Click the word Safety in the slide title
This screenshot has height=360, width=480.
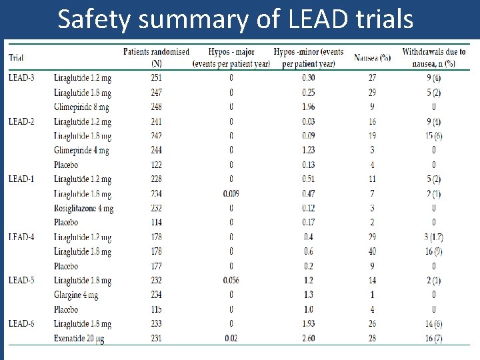pos(96,19)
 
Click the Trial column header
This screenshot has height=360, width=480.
pos(16,57)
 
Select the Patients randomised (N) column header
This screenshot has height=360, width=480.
pos(156,57)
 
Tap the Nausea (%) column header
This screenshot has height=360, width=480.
pos(372,57)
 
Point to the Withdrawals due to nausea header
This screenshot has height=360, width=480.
pos(434,57)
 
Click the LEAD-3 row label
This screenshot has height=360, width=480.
pos(21,78)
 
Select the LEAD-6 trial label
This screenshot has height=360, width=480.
pos(22,324)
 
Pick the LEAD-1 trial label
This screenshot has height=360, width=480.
pos(21,179)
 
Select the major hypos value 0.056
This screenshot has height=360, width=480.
pos(230,281)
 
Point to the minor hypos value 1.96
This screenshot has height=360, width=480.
pos(308,107)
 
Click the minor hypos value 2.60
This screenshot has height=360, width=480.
pos(308,339)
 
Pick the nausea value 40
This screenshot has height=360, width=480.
pos(372,251)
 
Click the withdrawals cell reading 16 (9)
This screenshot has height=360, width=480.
pos(433,251)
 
